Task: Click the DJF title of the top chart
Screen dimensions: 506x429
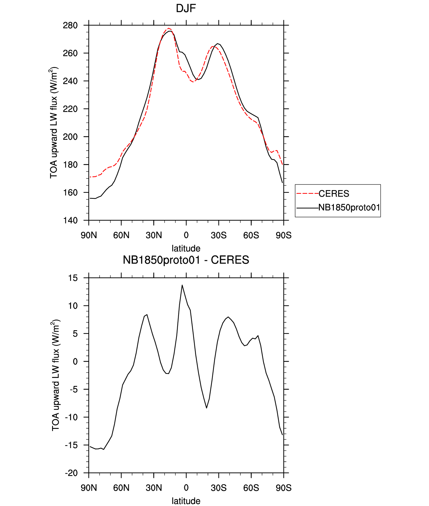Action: (x=186, y=8)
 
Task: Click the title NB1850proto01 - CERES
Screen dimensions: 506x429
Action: (x=186, y=260)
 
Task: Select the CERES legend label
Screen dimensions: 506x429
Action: (x=334, y=193)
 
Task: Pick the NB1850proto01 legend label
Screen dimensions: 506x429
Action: (x=349, y=207)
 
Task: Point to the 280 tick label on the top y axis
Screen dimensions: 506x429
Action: (x=70, y=25)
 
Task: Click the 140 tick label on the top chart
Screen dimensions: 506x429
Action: (x=70, y=220)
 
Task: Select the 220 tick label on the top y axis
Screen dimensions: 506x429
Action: (x=70, y=109)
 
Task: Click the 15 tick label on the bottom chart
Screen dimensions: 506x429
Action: (x=73, y=278)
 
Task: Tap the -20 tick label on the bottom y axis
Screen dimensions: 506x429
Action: (x=71, y=473)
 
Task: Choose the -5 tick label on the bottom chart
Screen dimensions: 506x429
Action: (x=73, y=390)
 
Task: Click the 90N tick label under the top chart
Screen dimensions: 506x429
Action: (x=89, y=235)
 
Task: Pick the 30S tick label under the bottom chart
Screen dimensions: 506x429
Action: (x=219, y=488)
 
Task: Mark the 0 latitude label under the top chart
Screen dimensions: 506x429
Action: (x=186, y=235)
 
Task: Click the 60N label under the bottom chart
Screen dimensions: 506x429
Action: (x=121, y=488)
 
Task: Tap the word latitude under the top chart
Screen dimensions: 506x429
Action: (x=186, y=248)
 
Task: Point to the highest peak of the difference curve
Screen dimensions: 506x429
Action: (x=182, y=285)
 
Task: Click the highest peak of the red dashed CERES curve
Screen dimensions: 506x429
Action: (x=169, y=28)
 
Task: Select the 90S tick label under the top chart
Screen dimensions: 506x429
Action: (x=283, y=235)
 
